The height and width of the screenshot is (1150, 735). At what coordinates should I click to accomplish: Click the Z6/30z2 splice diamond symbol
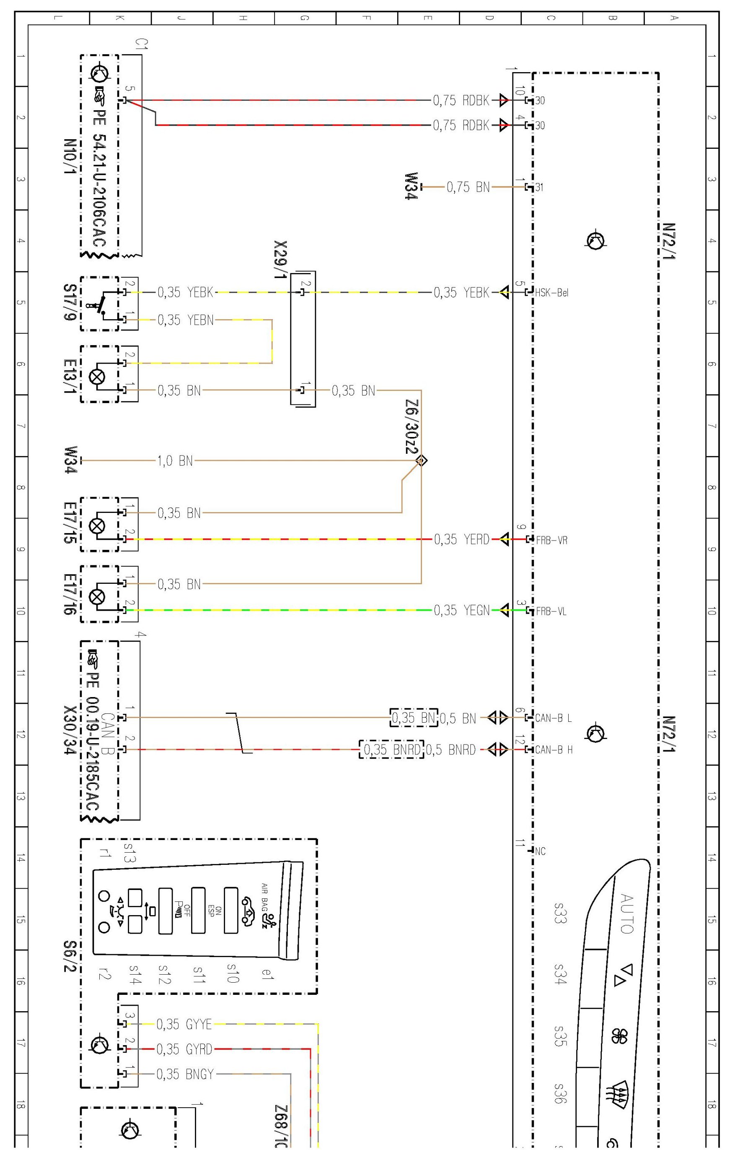[422, 461]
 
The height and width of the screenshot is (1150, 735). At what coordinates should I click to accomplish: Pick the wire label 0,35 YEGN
[461, 610]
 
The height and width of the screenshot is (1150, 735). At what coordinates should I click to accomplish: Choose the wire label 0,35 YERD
[461, 539]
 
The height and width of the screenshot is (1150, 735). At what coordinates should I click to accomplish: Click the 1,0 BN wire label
[175, 461]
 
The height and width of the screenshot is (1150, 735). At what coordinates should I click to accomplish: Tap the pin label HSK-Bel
[552, 292]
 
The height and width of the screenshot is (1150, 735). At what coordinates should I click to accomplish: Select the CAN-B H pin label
[554, 749]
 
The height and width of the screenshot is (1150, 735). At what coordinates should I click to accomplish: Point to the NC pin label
[540, 851]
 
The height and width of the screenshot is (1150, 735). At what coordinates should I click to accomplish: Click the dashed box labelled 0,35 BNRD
[391, 749]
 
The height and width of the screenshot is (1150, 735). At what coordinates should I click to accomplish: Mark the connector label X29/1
[281, 260]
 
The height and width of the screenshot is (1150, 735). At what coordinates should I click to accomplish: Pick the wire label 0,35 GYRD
[184, 1049]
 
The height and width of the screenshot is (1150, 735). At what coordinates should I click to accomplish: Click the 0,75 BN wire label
[468, 187]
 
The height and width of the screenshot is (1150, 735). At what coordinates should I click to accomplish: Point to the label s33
[560, 913]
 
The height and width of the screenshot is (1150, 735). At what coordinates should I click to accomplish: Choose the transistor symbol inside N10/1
[99, 72]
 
